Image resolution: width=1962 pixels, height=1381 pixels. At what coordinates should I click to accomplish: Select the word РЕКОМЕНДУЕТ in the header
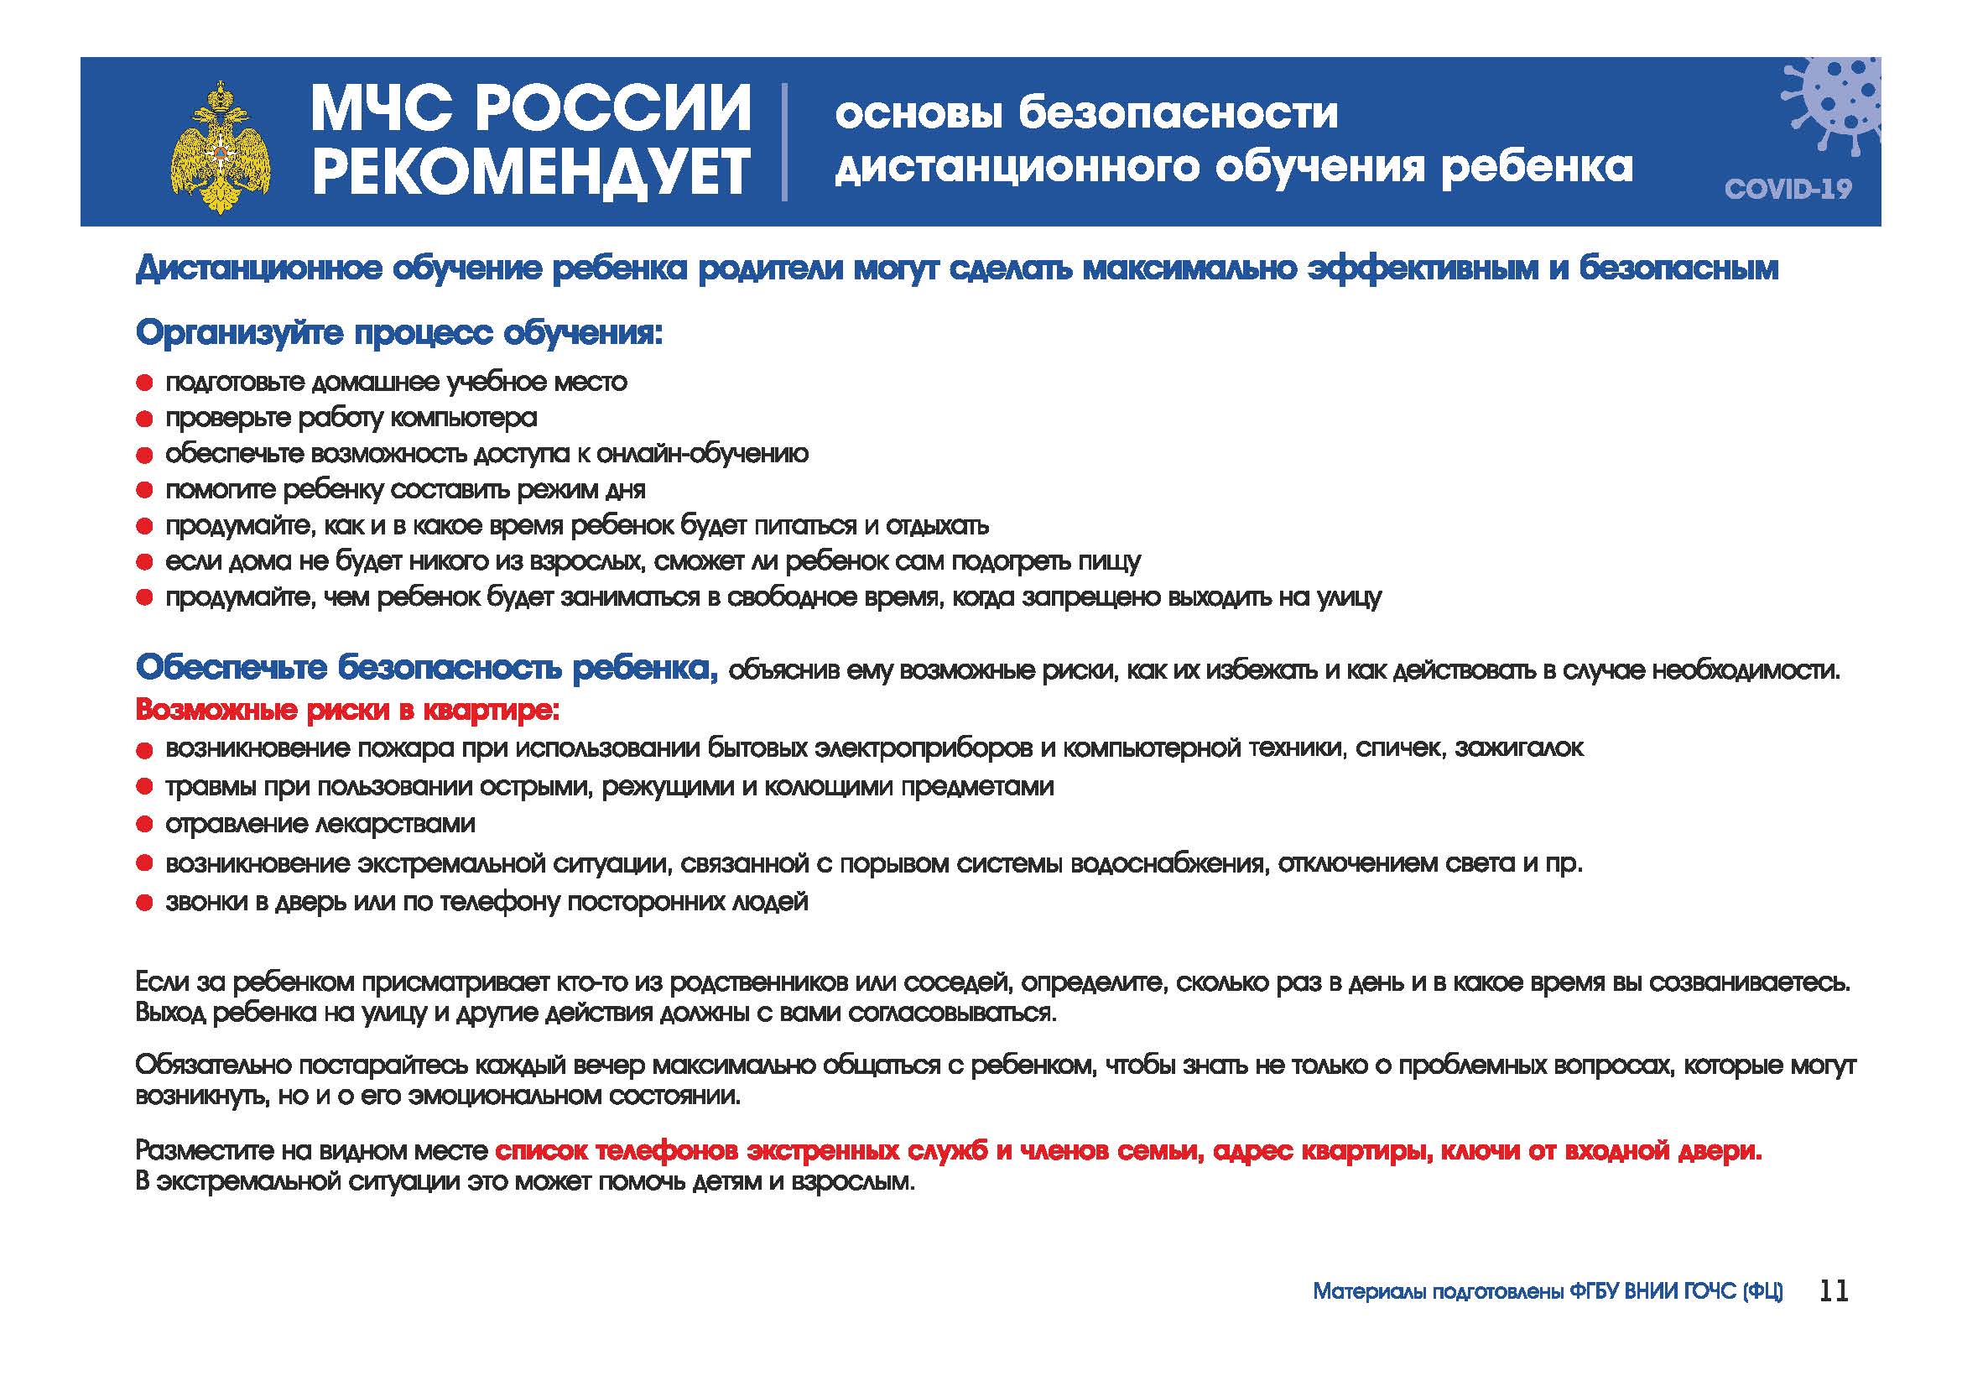point(531,171)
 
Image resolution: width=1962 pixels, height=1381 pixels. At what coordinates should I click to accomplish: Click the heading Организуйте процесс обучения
point(399,332)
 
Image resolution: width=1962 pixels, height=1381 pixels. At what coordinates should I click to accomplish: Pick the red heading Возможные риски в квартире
point(348,710)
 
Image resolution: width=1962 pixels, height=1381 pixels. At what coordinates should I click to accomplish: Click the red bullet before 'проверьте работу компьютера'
point(144,419)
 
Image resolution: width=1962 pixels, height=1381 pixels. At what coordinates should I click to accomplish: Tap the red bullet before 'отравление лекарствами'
point(144,825)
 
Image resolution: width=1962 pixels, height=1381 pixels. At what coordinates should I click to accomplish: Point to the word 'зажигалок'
point(1519,748)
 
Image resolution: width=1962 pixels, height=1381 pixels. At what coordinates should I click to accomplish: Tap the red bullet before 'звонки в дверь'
point(144,903)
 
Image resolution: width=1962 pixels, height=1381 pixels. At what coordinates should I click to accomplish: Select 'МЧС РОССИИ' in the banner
point(531,108)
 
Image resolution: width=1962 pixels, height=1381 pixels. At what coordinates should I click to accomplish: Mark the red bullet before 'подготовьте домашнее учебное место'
point(144,383)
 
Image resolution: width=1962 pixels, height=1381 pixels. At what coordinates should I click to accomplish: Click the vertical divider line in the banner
point(784,142)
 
